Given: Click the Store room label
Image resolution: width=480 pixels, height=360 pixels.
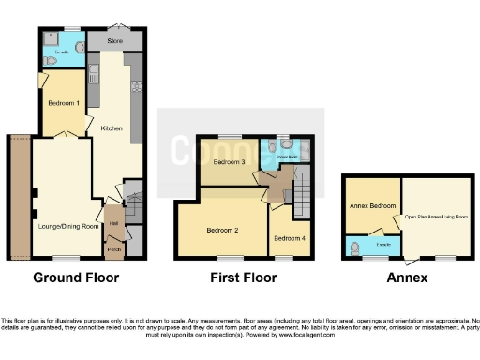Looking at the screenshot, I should point(115,42).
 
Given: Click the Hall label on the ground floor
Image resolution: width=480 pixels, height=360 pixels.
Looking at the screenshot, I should point(112,223).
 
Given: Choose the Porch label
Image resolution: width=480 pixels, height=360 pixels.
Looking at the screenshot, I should point(113,249).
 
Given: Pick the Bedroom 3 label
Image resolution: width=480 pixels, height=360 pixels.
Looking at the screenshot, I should point(229,162).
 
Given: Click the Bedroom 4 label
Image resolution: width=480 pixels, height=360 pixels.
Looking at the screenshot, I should point(289,239).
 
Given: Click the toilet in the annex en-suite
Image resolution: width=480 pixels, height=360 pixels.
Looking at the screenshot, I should point(353,248).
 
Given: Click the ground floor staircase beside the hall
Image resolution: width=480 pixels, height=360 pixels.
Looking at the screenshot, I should point(132,200).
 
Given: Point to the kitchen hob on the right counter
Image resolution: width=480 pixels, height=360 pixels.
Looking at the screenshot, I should point(137,86).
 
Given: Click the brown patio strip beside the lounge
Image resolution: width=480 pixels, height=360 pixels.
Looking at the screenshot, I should point(20,197).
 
